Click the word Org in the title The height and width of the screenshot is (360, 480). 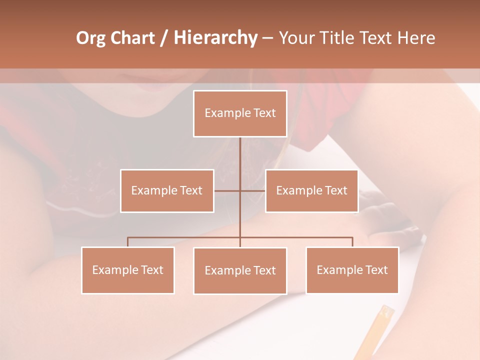coord(91,38)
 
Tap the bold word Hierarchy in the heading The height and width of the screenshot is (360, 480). coord(215,38)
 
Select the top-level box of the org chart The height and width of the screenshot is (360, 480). coord(240,113)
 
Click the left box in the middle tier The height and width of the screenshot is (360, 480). coord(167,190)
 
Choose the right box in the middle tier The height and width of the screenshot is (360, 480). coord(311,190)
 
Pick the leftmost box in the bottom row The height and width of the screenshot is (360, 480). coord(127,270)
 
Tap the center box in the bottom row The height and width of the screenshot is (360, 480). coord(240,270)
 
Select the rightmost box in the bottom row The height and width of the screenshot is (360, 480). coord(352,270)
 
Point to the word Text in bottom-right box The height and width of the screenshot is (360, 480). coord(376,270)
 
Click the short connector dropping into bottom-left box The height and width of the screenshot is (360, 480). coord(127,242)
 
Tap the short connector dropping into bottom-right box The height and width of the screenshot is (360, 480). coord(352,242)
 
